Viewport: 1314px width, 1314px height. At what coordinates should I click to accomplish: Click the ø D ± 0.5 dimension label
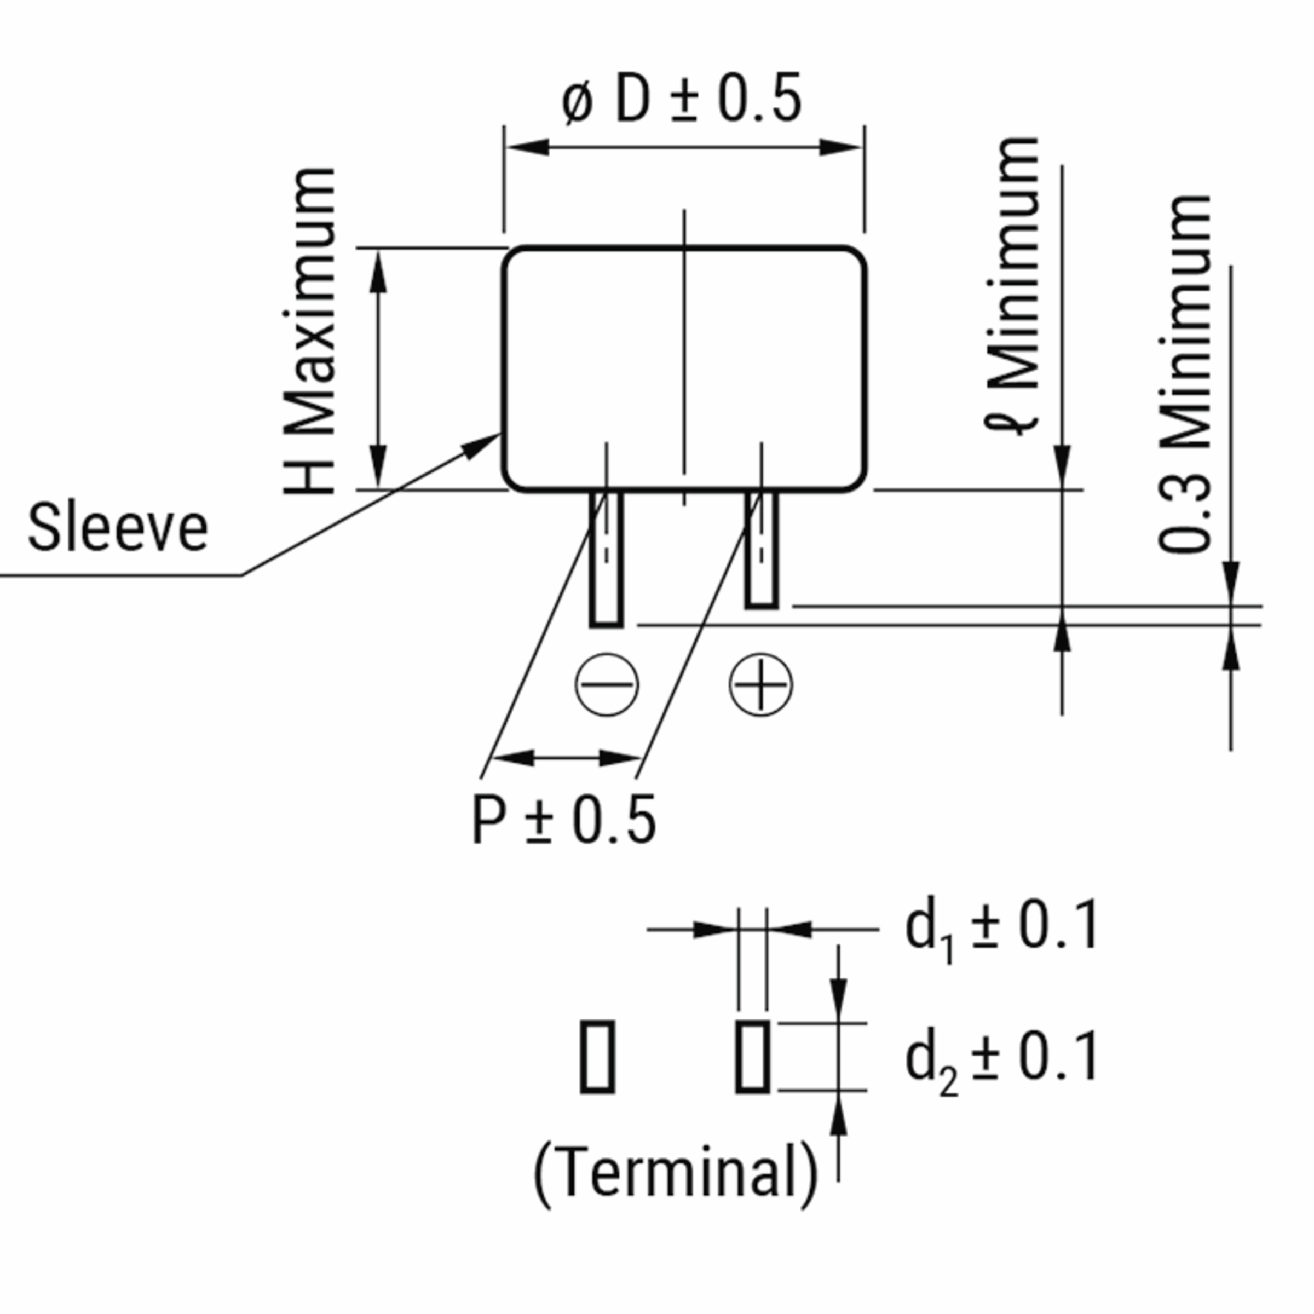pos(682,100)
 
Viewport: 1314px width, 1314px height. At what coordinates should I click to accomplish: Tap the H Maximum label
pos(310,331)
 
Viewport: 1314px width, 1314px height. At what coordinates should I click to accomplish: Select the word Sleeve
pos(118,528)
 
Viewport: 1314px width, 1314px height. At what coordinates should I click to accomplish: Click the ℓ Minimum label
pos(1013,286)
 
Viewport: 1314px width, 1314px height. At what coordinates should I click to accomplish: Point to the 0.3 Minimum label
pos(1185,374)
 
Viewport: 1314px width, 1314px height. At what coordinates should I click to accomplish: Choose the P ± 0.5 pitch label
pos(563,820)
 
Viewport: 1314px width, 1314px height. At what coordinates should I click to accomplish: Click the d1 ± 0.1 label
pos(1001,927)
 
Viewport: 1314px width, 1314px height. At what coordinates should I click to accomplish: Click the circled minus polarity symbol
pos(607,684)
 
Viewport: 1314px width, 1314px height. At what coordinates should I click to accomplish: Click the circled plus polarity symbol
pos(760,684)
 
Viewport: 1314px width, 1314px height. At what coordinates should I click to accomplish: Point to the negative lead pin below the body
pos(606,558)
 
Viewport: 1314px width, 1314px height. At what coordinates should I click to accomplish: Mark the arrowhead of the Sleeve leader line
pos(484,443)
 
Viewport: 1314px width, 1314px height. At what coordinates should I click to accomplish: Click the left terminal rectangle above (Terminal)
pos(597,1057)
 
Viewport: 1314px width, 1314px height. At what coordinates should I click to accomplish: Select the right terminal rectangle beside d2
pos(752,1057)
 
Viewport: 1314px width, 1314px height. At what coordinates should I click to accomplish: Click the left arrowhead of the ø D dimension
pos(527,147)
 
